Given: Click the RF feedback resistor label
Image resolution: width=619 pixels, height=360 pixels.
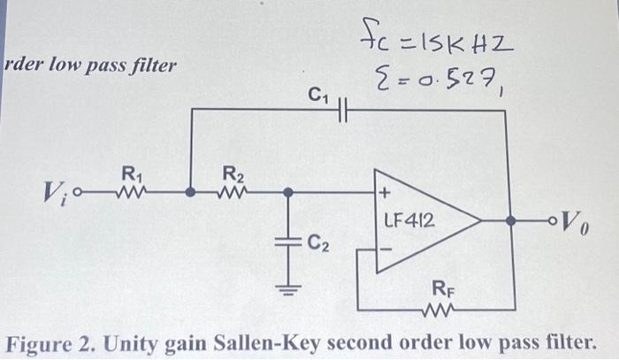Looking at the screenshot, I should click(442, 287).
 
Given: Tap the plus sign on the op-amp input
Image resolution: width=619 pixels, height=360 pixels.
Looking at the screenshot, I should click(385, 192).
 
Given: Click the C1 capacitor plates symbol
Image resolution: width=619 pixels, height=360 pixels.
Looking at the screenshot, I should click(346, 109).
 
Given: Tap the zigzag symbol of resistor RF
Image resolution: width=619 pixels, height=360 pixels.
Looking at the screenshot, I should click(439, 309).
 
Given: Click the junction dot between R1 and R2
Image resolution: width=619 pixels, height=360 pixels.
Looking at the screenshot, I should click(191, 190).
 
